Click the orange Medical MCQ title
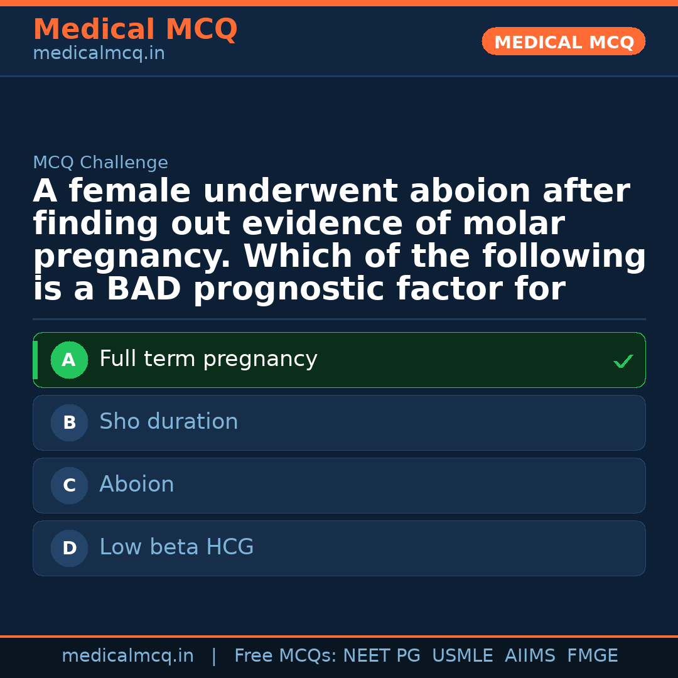[135, 30]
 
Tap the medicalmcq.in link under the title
[99, 54]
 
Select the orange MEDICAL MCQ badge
[564, 42]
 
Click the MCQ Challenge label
[100, 163]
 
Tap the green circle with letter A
[69, 360]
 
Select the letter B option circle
[69, 423]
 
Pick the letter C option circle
[69, 486]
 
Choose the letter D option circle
[69, 549]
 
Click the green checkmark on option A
[623, 362]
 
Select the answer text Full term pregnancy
[208, 359]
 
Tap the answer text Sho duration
[169, 422]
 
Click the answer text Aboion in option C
[137, 485]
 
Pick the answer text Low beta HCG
[176, 547]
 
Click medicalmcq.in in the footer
[127, 656]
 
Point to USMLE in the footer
[463, 656]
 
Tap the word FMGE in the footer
[593, 656]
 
